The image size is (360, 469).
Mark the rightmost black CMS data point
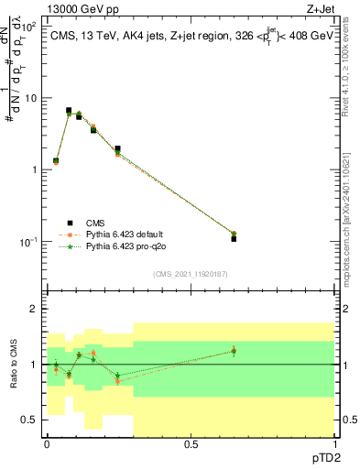(x=234, y=238)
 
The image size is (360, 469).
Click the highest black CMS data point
(x=69, y=110)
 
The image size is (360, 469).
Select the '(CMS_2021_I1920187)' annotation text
(x=190, y=274)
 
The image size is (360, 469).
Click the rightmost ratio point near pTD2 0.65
(x=234, y=351)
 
